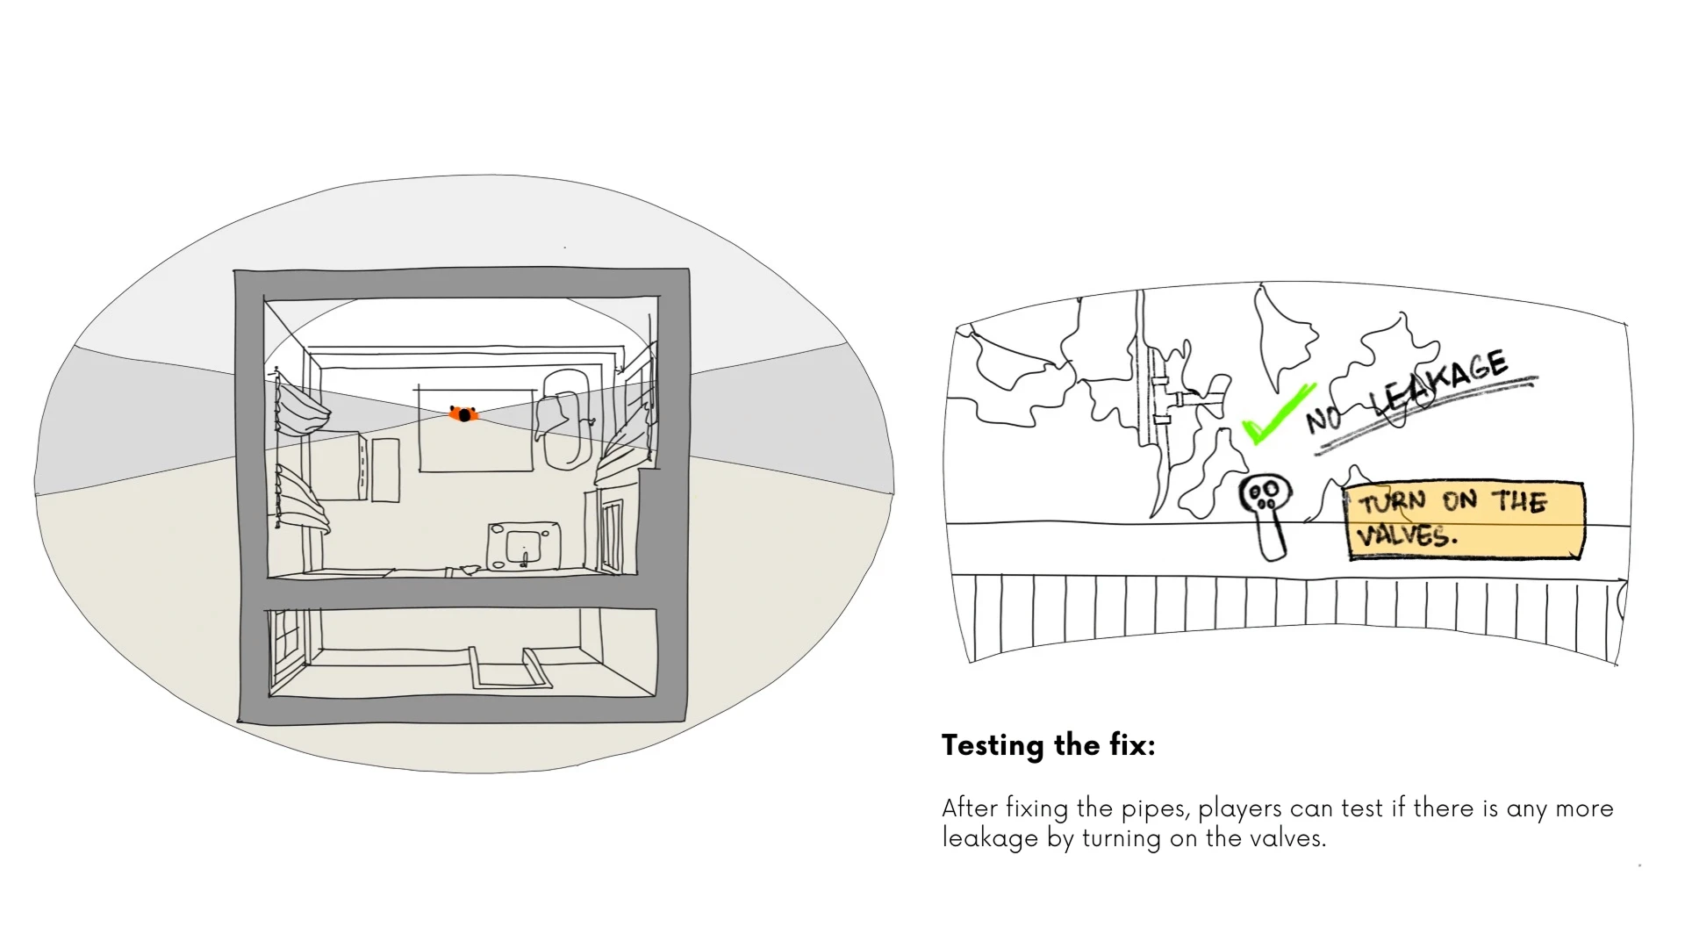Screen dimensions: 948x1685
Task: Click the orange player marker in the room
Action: [x=463, y=413]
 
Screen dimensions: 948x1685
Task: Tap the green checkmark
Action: [x=1277, y=414]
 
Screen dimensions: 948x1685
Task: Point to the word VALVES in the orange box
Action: [x=1406, y=535]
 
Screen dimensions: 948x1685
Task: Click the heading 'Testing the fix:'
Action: [x=1048, y=745]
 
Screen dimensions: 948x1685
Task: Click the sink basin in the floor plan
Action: [x=524, y=545]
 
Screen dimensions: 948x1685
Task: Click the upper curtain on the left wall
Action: [x=303, y=408]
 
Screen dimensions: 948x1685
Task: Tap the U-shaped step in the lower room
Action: [x=509, y=671]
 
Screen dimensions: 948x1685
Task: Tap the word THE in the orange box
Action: [x=1520, y=502]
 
